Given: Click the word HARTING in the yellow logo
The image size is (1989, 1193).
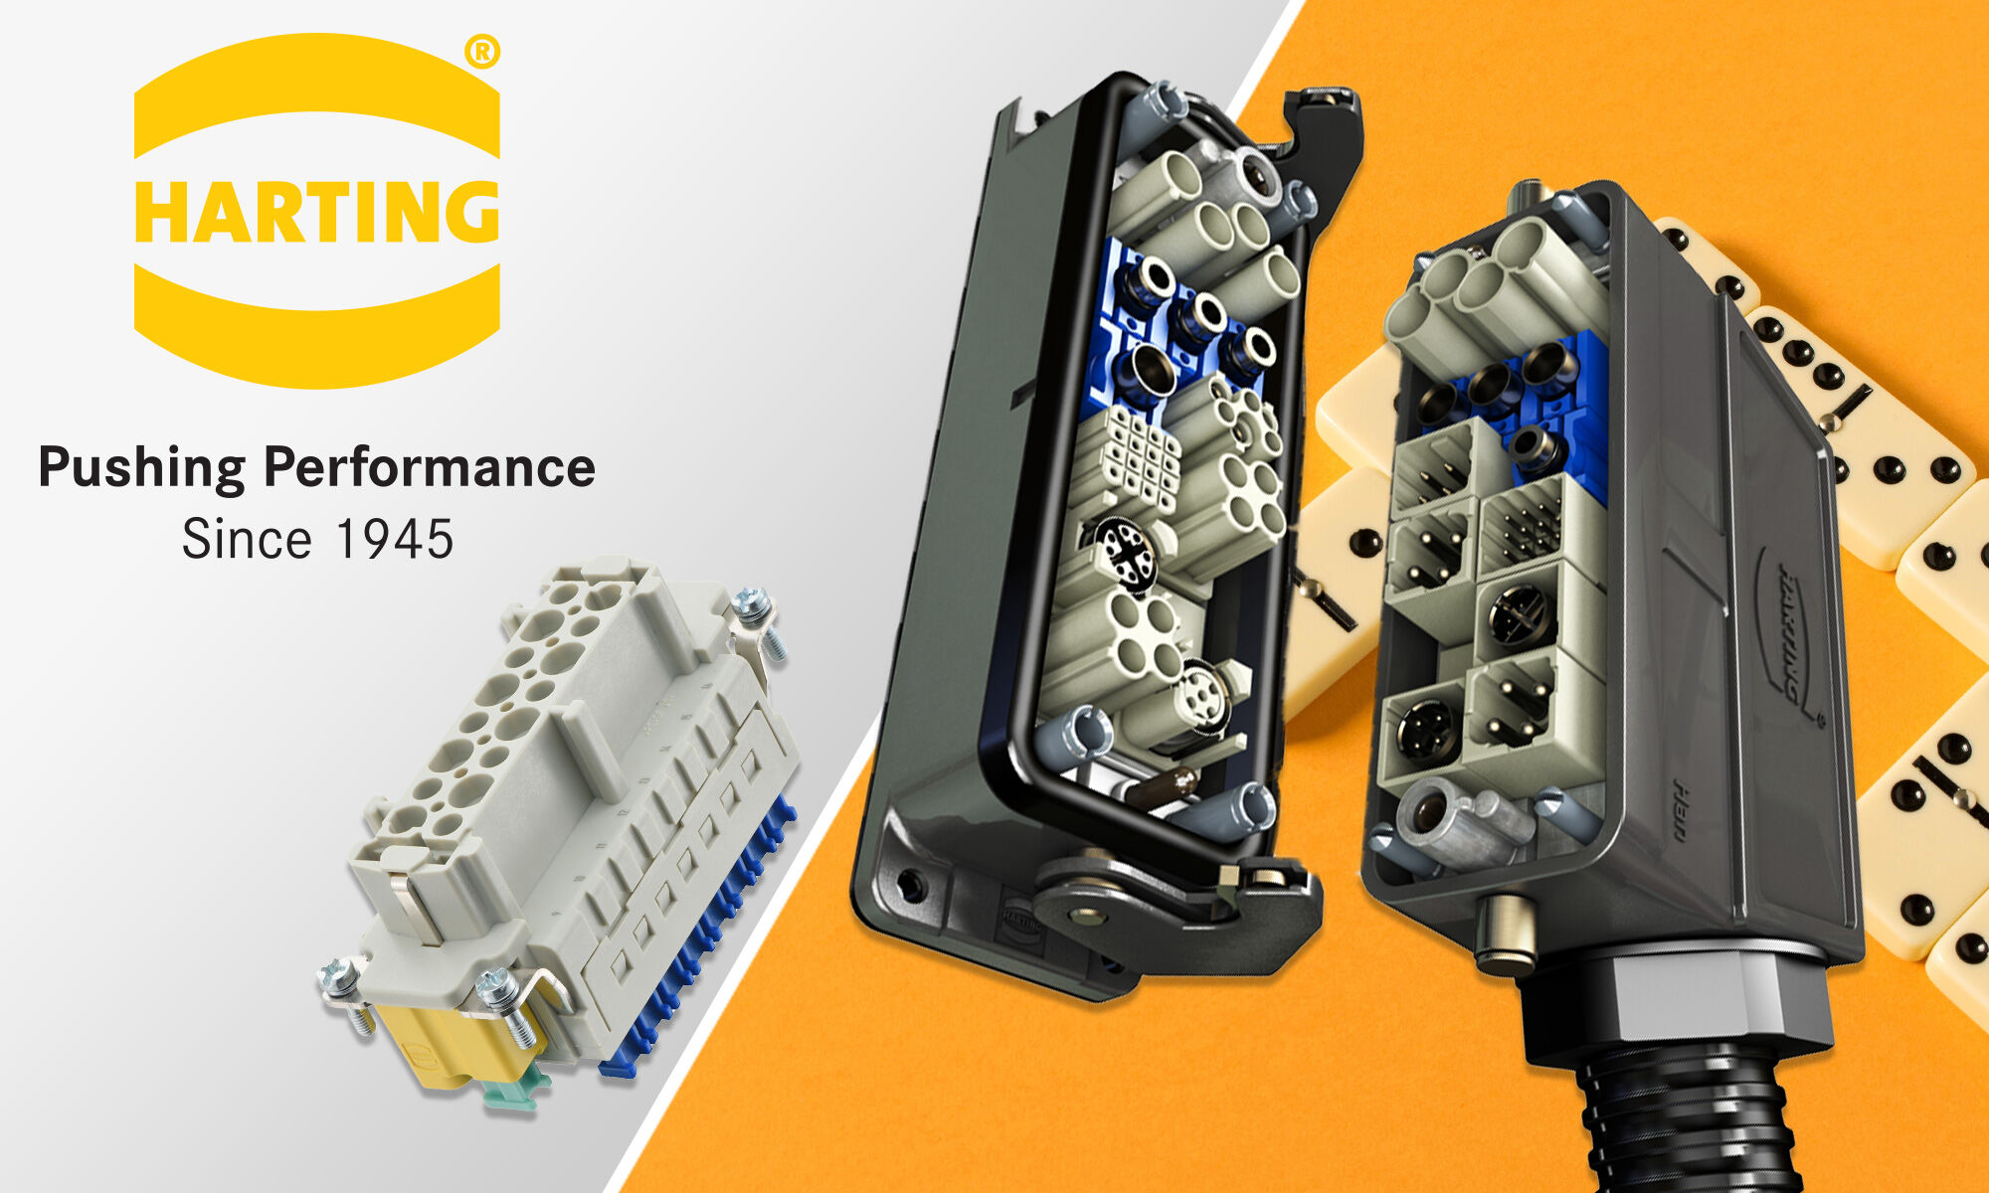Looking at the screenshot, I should point(316,212).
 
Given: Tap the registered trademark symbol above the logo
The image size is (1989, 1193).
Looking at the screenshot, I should point(482,51).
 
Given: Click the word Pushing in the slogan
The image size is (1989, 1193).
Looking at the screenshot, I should point(142,467).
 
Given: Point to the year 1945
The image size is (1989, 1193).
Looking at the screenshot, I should point(395,540).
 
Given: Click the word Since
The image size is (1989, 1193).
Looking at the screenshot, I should point(247,540).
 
